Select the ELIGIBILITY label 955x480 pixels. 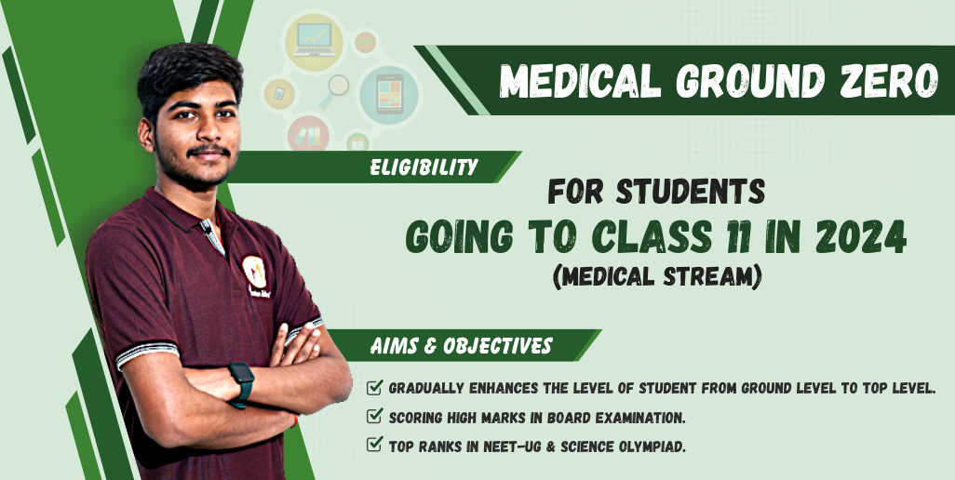click(424, 167)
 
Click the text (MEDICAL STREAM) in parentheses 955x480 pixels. click(657, 277)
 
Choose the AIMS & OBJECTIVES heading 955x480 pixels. click(461, 345)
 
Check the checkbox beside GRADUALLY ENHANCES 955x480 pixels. click(374, 387)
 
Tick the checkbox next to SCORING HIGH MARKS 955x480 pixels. click(374, 416)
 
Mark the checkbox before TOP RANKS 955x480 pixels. click(374, 445)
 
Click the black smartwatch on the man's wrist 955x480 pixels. click(241, 384)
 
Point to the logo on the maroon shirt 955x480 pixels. click(254, 272)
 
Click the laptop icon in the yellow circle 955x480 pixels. click(315, 40)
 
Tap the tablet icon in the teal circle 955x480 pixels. click(388, 94)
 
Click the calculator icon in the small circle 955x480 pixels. click(279, 94)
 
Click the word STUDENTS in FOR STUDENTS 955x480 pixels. click(691, 191)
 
